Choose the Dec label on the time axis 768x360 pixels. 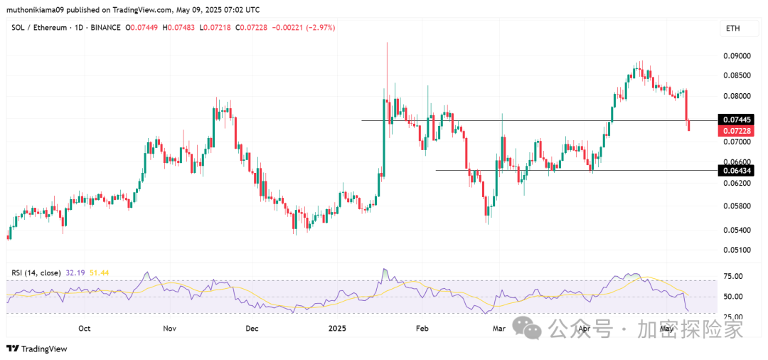[x=251, y=329]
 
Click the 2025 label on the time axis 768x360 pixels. [x=337, y=329]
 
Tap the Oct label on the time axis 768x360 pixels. [x=85, y=329]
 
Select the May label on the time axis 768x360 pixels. [x=666, y=329]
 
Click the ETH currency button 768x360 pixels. [x=732, y=28]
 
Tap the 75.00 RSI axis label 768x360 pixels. [x=733, y=276]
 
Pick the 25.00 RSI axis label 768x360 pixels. [x=733, y=317]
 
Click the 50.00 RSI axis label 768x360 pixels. [x=733, y=297]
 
